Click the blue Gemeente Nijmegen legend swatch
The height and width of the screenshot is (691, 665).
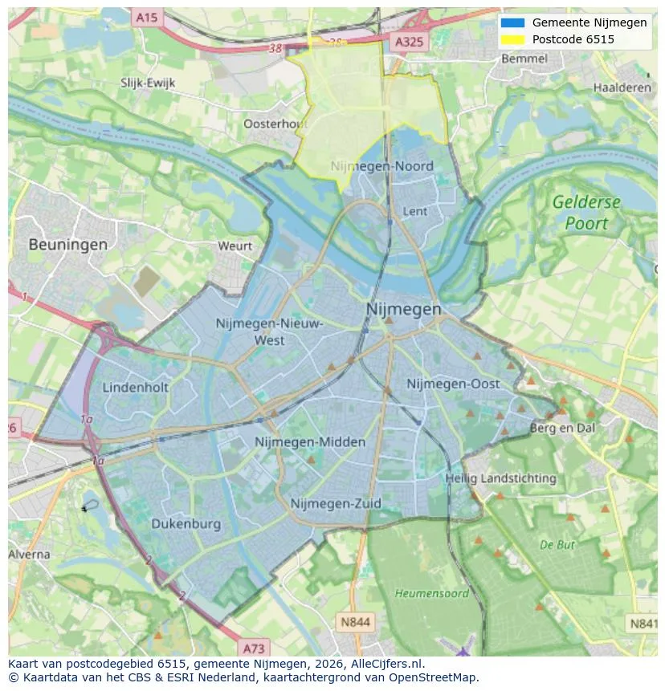click(512, 23)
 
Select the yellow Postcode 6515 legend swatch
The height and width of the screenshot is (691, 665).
click(512, 39)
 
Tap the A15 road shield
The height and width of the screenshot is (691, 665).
click(147, 17)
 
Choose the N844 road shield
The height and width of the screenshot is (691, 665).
click(355, 621)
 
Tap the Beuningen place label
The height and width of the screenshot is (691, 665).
click(68, 245)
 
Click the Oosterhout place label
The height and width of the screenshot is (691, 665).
click(275, 124)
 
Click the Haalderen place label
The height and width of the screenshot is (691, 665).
click(622, 87)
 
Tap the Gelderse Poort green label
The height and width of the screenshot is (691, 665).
click(586, 213)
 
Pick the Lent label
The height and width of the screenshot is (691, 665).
click(415, 211)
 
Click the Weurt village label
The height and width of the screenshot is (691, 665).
click(235, 246)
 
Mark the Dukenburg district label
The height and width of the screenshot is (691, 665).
click(186, 524)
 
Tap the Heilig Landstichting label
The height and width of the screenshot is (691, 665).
click(501, 478)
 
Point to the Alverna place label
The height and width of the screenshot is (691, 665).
click(29, 555)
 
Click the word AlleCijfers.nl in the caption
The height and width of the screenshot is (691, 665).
click(382, 664)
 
